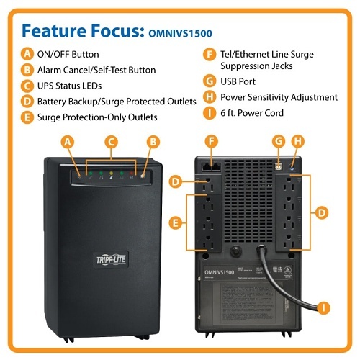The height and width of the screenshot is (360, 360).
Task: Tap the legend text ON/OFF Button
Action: click(x=69, y=54)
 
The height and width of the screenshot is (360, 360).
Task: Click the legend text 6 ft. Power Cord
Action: click(x=253, y=113)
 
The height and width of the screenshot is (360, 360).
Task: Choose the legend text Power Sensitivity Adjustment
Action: click(x=279, y=97)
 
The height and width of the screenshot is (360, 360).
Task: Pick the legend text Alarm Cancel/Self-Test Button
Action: click(x=96, y=70)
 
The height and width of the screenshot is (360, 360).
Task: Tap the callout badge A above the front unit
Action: click(x=68, y=142)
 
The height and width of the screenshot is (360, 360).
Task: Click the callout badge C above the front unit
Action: click(x=111, y=142)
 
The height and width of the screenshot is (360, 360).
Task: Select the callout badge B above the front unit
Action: click(x=152, y=142)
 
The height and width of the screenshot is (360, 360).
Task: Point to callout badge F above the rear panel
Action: click(x=211, y=142)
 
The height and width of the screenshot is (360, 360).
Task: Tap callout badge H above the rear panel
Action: click(x=297, y=142)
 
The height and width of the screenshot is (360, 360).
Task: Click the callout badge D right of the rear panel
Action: click(x=322, y=212)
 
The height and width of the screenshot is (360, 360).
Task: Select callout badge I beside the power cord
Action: click(x=324, y=307)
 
